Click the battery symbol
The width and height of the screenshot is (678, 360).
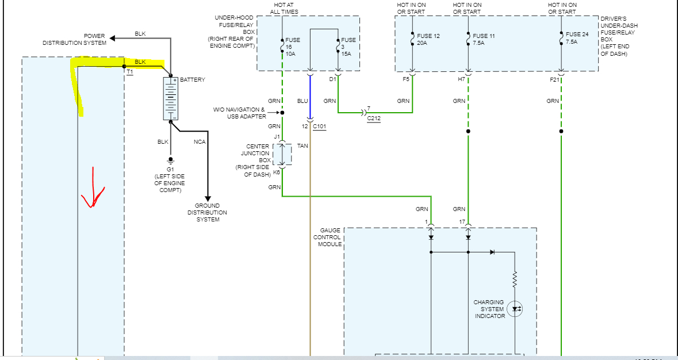coord(171,98)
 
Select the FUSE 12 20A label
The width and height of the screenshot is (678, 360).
coord(428,40)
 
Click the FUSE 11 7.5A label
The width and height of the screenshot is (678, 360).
coord(484,40)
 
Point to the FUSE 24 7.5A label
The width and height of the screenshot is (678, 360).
coord(577,37)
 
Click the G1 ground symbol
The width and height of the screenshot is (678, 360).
coord(170,160)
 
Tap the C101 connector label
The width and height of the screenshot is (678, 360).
coord(320,126)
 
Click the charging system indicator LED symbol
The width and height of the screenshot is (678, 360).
coord(515,309)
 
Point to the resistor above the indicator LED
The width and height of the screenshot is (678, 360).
coord(515,280)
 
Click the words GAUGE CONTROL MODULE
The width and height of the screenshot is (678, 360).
coord(327,238)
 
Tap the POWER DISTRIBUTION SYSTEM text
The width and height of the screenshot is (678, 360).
coord(74,39)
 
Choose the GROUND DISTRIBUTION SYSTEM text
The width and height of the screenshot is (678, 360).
coord(207,212)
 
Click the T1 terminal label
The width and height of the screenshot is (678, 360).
coord(129,73)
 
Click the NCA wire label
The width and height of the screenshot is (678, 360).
coord(200,141)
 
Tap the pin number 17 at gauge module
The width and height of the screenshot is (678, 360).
coord(462,222)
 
